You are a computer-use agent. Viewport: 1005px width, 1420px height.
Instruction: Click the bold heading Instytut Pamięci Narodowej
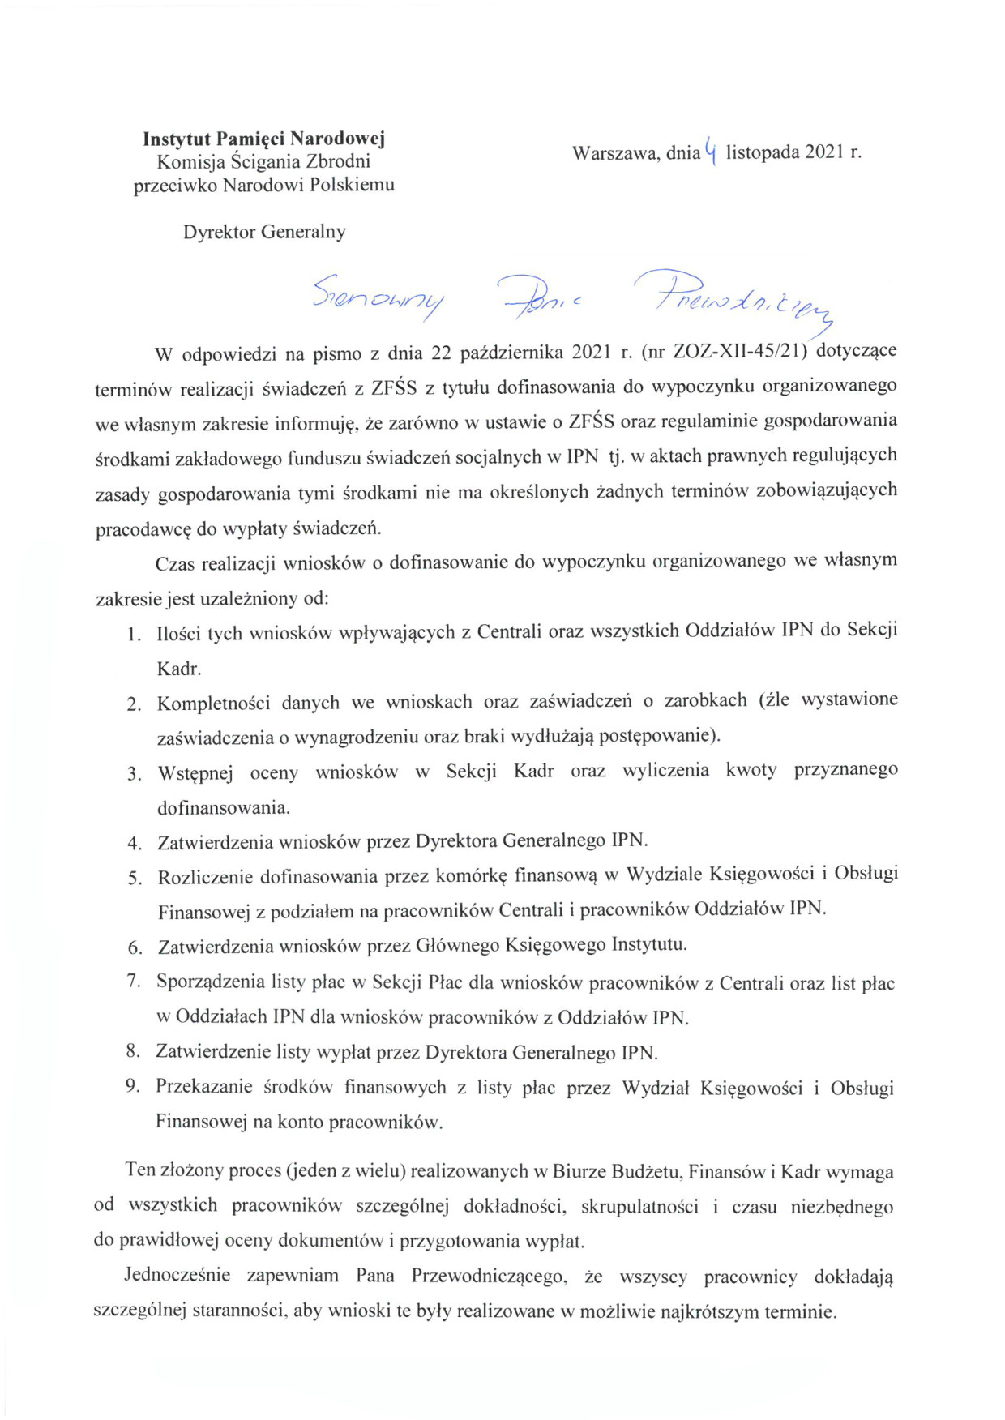(x=263, y=139)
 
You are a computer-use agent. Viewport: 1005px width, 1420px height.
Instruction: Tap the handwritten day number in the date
(x=711, y=150)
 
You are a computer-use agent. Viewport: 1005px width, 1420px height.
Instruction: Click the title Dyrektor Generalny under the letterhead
(x=264, y=232)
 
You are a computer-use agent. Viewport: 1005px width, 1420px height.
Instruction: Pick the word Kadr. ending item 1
(x=178, y=669)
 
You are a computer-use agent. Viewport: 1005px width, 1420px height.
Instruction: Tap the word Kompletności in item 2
(x=213, y=703)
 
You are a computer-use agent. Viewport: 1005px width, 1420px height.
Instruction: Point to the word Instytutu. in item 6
(x=649, y=945)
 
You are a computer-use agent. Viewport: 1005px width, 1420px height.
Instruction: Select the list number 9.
(x=133, y=1087)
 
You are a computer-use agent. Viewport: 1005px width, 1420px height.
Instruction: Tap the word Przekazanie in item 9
(x=203, y=1088)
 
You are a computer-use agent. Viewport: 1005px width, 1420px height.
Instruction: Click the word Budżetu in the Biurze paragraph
(x=646, y=1172)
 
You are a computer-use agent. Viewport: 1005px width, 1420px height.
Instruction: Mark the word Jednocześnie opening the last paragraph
(x=177, y=1276)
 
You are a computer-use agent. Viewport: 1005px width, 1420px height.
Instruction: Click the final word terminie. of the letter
(x=800, y=1311)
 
